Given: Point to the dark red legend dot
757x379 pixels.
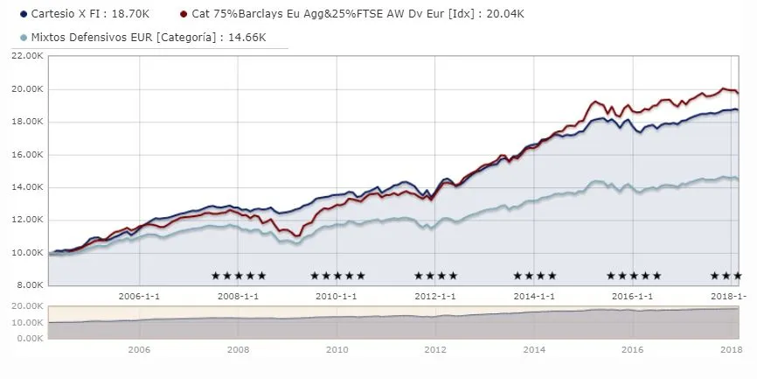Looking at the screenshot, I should point(182,15).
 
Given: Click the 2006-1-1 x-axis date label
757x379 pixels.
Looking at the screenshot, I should point(139,297).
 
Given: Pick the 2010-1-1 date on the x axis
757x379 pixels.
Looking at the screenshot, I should point(337,297).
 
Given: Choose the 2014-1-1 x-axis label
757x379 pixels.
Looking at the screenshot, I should point(534,297).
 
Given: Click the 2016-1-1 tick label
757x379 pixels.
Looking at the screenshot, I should point(633,297).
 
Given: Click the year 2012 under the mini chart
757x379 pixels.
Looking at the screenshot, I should point(435,349).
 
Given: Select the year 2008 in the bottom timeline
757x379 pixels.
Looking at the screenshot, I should point(238,349).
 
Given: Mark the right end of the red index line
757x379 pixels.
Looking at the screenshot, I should point(738,93).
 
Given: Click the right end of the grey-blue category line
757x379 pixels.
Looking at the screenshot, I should point(738,179).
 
